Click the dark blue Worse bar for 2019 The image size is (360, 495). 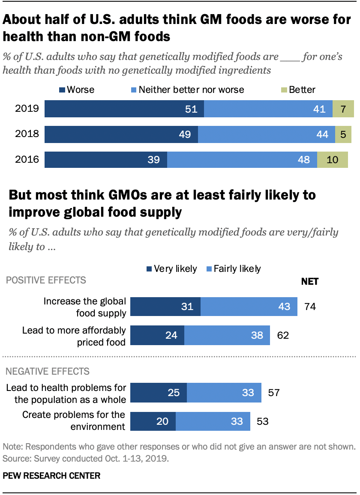click(124, 109)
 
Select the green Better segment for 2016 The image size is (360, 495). click(333, 160)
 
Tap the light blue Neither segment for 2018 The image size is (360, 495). click(266, 134)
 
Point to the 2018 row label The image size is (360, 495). click(27, 134)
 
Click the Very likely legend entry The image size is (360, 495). click(171, 269)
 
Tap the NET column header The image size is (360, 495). click(310, 281)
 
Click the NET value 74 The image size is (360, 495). click(310, 307)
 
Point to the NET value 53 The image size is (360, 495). click(262, 421)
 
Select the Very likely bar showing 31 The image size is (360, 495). click(165, 307)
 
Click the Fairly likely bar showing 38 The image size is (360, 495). click(227, 335)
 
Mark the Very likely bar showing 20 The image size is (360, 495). click(153, 421)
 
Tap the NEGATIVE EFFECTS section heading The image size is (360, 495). click(47, 371)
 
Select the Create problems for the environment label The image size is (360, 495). click(74, 420)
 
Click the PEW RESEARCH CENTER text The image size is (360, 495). click(51, 476)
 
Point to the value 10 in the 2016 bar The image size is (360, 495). click(333, 160)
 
